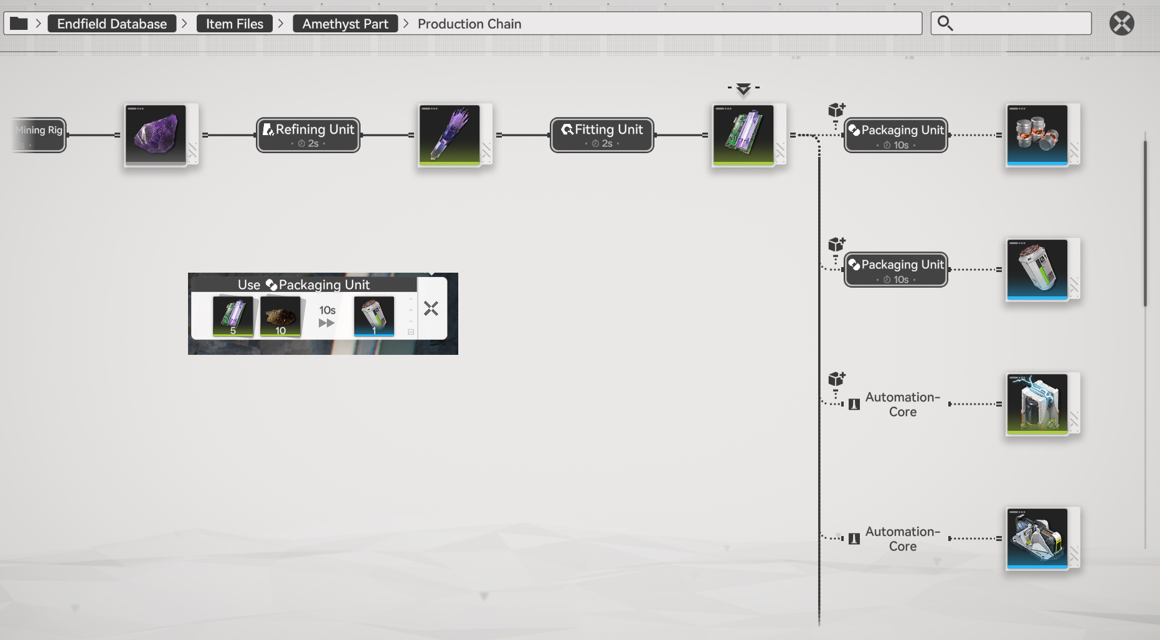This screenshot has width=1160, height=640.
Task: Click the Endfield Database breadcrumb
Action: [x=112, y=24]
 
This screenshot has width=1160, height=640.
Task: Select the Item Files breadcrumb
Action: [x=235, y=24]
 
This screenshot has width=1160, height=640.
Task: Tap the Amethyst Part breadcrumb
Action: [x=345, y=24]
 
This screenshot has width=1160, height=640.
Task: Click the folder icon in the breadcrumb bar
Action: [x=19, y=24]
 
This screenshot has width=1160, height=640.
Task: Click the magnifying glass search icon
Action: [x=945, y=24]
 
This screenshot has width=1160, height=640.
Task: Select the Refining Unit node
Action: [x=308, y=135]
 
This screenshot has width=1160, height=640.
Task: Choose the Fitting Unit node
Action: [x=602, y=135]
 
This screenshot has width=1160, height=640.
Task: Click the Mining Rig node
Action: [x=39, y=135]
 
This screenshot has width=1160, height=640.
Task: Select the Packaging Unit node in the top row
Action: [x=896, y=135]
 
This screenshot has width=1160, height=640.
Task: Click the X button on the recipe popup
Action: [x=431, y=309]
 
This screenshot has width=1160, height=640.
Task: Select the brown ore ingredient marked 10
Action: [x=280, y=316]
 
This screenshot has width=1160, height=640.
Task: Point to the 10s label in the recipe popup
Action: [x=328, y=310]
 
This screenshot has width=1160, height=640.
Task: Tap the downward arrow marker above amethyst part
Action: [x=743, y=89]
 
